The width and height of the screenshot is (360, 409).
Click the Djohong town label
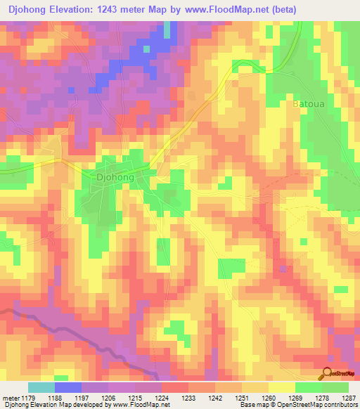(115, 178)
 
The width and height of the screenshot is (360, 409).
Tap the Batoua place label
(307, 103)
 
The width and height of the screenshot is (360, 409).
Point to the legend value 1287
(349, 398)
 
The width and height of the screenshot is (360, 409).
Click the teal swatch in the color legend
(41, 387)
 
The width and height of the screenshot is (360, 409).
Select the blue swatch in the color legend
(68, 387)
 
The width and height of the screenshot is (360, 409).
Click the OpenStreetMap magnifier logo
(328, 372)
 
